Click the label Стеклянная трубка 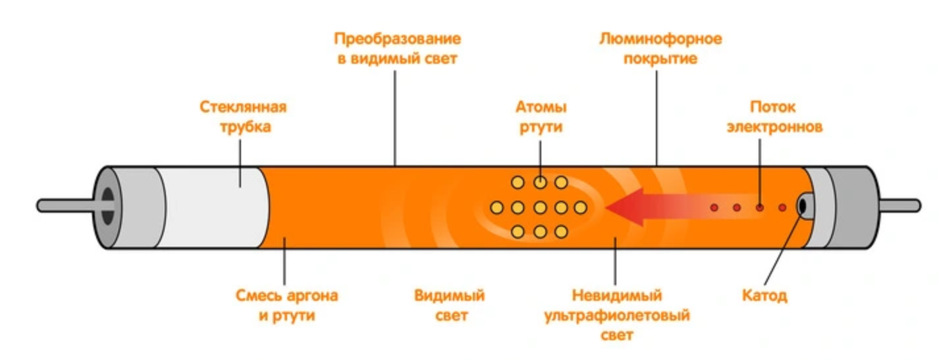coord(244,117)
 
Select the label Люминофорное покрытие coord(660,49)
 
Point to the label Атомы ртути coord(540,117)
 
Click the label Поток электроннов coord(774,117)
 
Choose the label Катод coord(765,296)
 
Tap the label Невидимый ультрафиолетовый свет coord(616,315)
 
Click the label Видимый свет coord(450,305)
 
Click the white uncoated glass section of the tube coord(211,207)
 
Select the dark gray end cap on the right coord(856,207)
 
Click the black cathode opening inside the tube coord(803,207)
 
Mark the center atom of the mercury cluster coord(539,208)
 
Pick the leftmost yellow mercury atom coord(497,208)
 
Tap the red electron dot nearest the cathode coord(782,208)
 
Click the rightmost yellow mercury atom coord(581,208)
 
